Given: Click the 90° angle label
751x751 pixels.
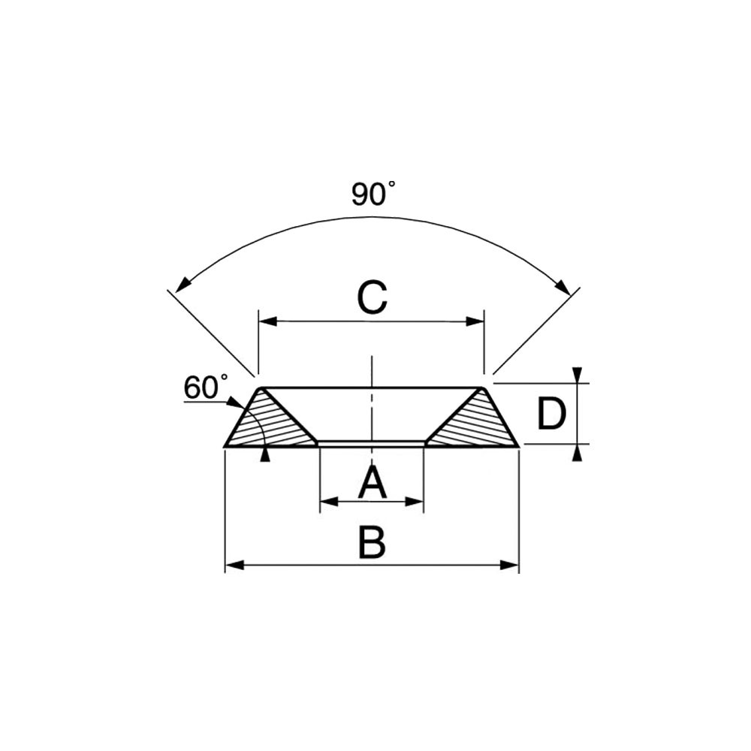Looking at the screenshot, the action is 373,194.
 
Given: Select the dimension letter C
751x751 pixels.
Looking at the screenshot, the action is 372,298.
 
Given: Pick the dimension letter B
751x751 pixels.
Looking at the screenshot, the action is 372,543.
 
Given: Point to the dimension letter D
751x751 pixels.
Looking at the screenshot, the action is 550,414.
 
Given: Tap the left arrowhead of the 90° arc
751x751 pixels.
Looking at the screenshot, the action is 182,285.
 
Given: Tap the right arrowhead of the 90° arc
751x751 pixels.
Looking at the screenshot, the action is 562,288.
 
